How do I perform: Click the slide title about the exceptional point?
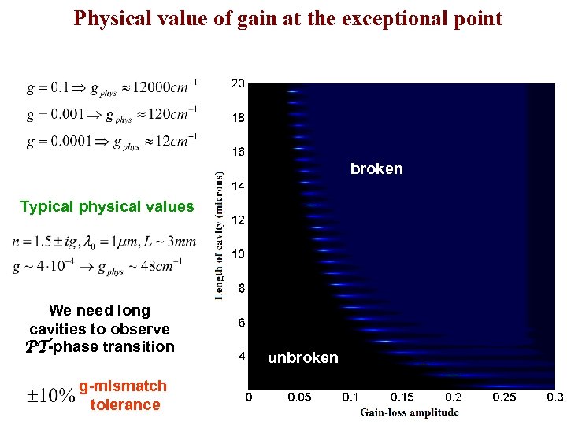[x=287, y=18]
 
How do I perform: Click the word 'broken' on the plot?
[x=376, y=168]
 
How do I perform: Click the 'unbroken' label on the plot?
[x=303, y=358]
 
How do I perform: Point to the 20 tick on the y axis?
[x=237, y=83]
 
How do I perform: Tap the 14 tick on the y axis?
[x=237, y=187]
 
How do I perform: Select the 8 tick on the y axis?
[x=241, y=289]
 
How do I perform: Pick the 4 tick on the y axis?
[x=241, y=357]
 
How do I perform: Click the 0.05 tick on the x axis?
[x=298, y=397]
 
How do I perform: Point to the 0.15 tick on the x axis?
[x=402, y=397]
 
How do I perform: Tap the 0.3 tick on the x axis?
[x=555, y=397]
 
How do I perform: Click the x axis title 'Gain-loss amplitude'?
[x=409, y=412]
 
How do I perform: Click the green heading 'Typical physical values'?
[x=106, y=207]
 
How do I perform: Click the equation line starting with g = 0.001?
[x=111, y=114]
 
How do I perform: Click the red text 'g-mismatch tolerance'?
[x=123, y=395]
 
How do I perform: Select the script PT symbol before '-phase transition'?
[x=37, y=347]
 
